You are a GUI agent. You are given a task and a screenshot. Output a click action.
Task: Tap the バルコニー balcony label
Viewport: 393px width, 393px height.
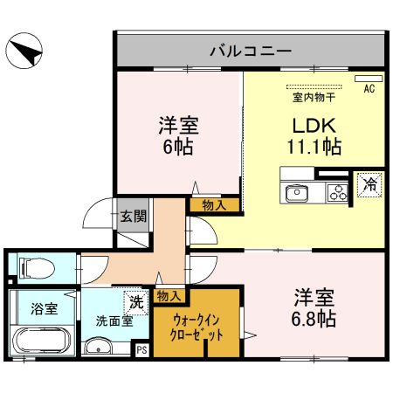tap(249, 51)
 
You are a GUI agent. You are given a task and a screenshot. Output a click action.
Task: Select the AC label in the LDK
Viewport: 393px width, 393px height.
tap(368, 88)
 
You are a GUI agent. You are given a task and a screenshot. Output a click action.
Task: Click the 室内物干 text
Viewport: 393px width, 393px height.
tap(309, 98)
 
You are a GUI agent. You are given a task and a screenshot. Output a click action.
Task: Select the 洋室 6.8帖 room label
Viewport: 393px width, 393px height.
tap(314, 307)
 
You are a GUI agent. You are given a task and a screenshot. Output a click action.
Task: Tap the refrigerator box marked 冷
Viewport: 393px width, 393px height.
tap(369, 185)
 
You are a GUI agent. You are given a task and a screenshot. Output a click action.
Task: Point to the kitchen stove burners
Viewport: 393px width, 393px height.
tap(336, 192)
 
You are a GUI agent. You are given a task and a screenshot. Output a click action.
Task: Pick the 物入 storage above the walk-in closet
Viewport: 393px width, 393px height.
tap(169, 297)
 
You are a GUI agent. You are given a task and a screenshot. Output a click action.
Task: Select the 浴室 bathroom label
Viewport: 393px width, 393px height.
tap(43, 309)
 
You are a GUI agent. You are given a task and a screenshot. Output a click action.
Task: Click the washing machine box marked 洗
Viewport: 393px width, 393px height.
tap(135, 302)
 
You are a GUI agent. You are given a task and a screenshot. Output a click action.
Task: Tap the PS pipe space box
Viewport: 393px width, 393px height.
tap(141, 349)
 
